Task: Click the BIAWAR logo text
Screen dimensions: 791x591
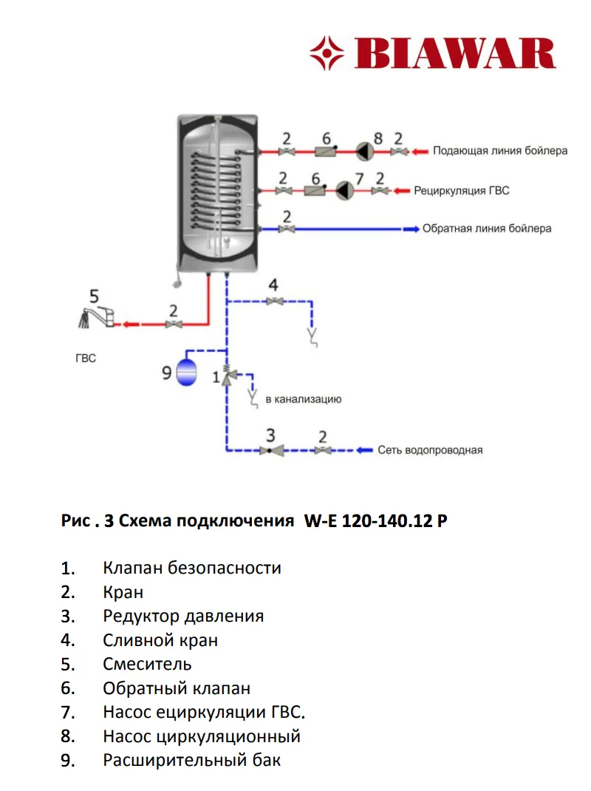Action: pyautogui.click(x=455, y=54)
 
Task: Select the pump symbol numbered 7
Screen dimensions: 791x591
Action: pyautogui.click(x=344, y=191)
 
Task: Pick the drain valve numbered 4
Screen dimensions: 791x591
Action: pyautogui.click(x=275, y=301)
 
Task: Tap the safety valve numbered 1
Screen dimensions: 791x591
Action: pyautogui.click(x=226, y=375)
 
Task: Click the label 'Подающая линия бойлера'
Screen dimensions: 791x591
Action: pyautogui.click(x=500, y=151)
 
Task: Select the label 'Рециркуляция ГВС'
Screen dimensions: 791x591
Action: pyautogui.click(x=461, y=191)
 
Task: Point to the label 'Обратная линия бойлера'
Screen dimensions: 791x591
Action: pyautogui.click(x=487, y=228)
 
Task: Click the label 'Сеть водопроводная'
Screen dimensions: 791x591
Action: pyautogui.click(x=430, y=449)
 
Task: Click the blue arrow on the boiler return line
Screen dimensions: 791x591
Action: pyautogui.click(x=409, y=228)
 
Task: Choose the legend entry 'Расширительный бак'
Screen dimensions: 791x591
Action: pyautogui.click(x=192, y=760)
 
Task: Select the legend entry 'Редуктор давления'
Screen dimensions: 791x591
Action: pyautogui.click(x=183, y=616)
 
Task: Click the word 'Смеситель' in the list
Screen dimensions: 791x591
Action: pyautogui.click(x=147, y=664)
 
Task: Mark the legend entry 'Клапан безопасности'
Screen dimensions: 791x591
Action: pyautogui.click(x=192, y=568)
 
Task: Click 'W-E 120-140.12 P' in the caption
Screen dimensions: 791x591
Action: pyautogui.click(x=375, y=521)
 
